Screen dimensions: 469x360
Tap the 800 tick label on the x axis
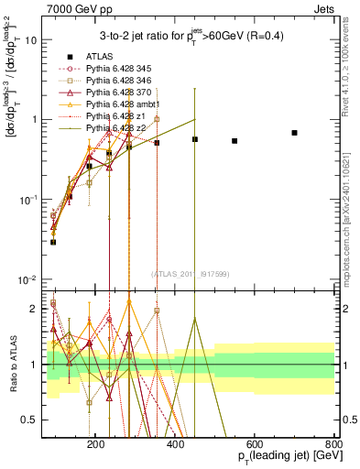(333, 442)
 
